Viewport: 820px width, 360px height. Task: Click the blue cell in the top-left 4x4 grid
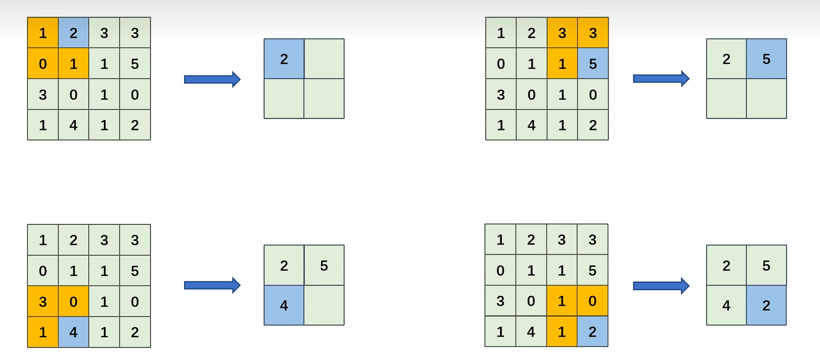pyautogui.click(x=74, y=33)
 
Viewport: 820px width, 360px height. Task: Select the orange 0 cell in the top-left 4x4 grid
pyautogui.click(x=43, y=64)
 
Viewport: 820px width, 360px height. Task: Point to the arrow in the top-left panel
pyautogui.click(x=212, y=79)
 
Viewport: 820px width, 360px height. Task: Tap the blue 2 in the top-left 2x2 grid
pyautogui.click(x=284, y=58)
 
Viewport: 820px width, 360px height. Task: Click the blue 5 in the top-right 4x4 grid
pyautogui.click(x=593, y=64)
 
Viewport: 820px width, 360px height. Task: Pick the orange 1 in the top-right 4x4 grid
pyautogui.click(x=562, y=64)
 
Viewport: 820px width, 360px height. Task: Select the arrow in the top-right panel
pyautogui.click(x=661, y=79)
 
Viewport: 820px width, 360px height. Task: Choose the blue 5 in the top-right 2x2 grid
pyautogui.click(x=766, y=58)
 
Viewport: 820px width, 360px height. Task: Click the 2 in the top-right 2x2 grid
pyautogui.click(x=726, y=58)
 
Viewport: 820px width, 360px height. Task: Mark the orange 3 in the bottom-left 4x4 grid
pyautogui.click(x=43, y=302)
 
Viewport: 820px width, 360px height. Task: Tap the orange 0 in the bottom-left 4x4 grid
pyautogui.click(x=74, y=302)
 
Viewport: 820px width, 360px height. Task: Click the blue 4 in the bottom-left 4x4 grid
pyautogui.click(x=74, y=332)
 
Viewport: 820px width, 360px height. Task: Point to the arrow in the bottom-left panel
pyautogui.click(x=212, y=285)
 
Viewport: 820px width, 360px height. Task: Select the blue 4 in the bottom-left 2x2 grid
pyautogui.click(x=284, y=305)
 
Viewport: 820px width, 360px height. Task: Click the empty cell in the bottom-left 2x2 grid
pyautogui.click(x=324, y=305)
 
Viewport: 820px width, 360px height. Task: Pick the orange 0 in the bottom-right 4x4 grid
pyautogui.click(x=593, y=301)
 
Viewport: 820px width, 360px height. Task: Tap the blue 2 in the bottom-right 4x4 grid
pyautogui.click(x=593, y=331)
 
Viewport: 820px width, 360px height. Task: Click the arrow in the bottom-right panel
pyautogui.click(x=661, y=285)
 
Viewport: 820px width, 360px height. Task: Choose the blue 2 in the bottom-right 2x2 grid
pyautogui.click(x=766, y=305)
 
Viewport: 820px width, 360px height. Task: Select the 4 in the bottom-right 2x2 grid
pyautogui.click(x=726, y=305)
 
